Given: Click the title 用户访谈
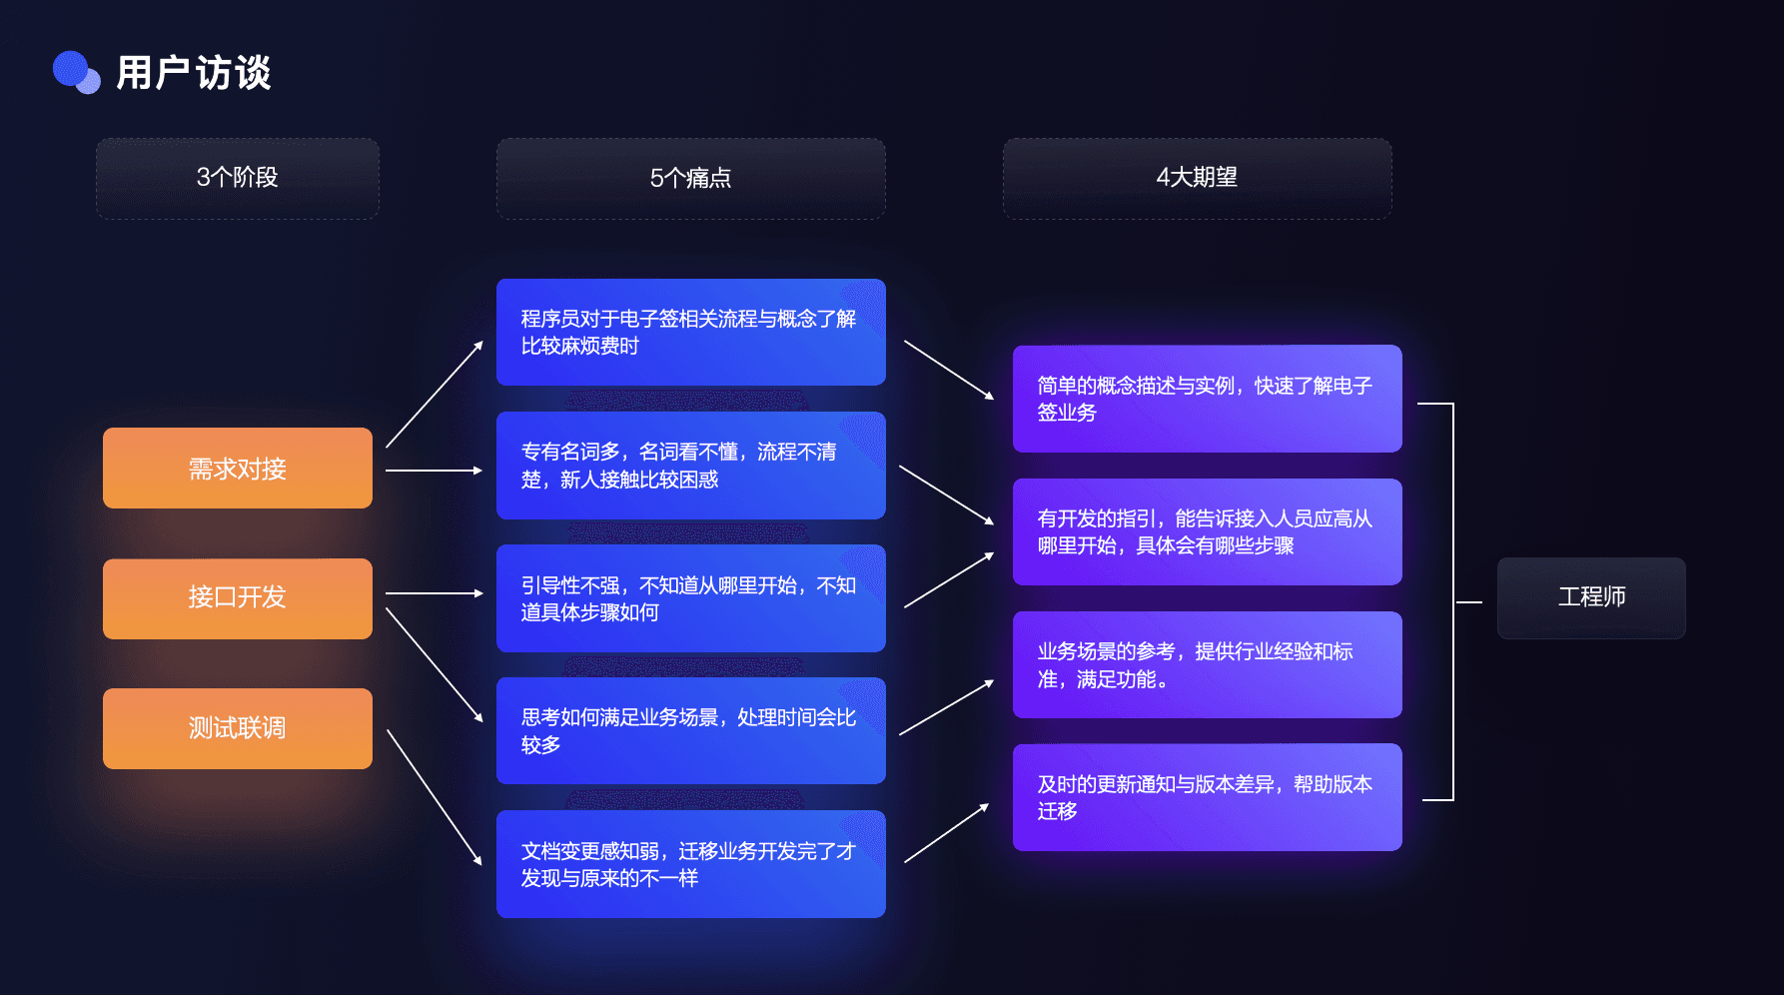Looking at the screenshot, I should coord(193,73).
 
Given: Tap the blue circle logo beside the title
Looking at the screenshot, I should coord(76,72).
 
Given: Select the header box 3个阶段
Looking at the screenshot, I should coord(238,178).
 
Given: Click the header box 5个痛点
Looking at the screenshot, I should coord(690,178).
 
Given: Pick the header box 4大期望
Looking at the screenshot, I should coord(1197,178).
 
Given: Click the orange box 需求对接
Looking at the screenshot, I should coord(238,468).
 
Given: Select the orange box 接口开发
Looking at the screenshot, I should coord(238,597).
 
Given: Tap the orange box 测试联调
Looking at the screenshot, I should coord(238,728).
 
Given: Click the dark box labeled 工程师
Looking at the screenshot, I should coord(1591,597).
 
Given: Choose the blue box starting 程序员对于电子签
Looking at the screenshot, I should coord(690,332).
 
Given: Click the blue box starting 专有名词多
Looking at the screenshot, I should coord(690,466).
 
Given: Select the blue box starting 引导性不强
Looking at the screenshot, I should coord(690,598).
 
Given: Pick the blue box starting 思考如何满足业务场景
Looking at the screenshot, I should coord(690,730).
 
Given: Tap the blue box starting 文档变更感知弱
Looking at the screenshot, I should coord(690,864).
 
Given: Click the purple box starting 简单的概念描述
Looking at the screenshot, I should coord(1207,399).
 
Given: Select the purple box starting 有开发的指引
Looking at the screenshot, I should coord(1207,531).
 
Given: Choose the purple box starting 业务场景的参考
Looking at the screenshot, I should coord(1207,664).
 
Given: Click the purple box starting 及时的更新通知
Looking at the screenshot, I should coord(1207,797).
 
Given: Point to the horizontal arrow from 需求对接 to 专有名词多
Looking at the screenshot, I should coord(434,470).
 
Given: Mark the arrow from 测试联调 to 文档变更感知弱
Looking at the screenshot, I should coord(434,796).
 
